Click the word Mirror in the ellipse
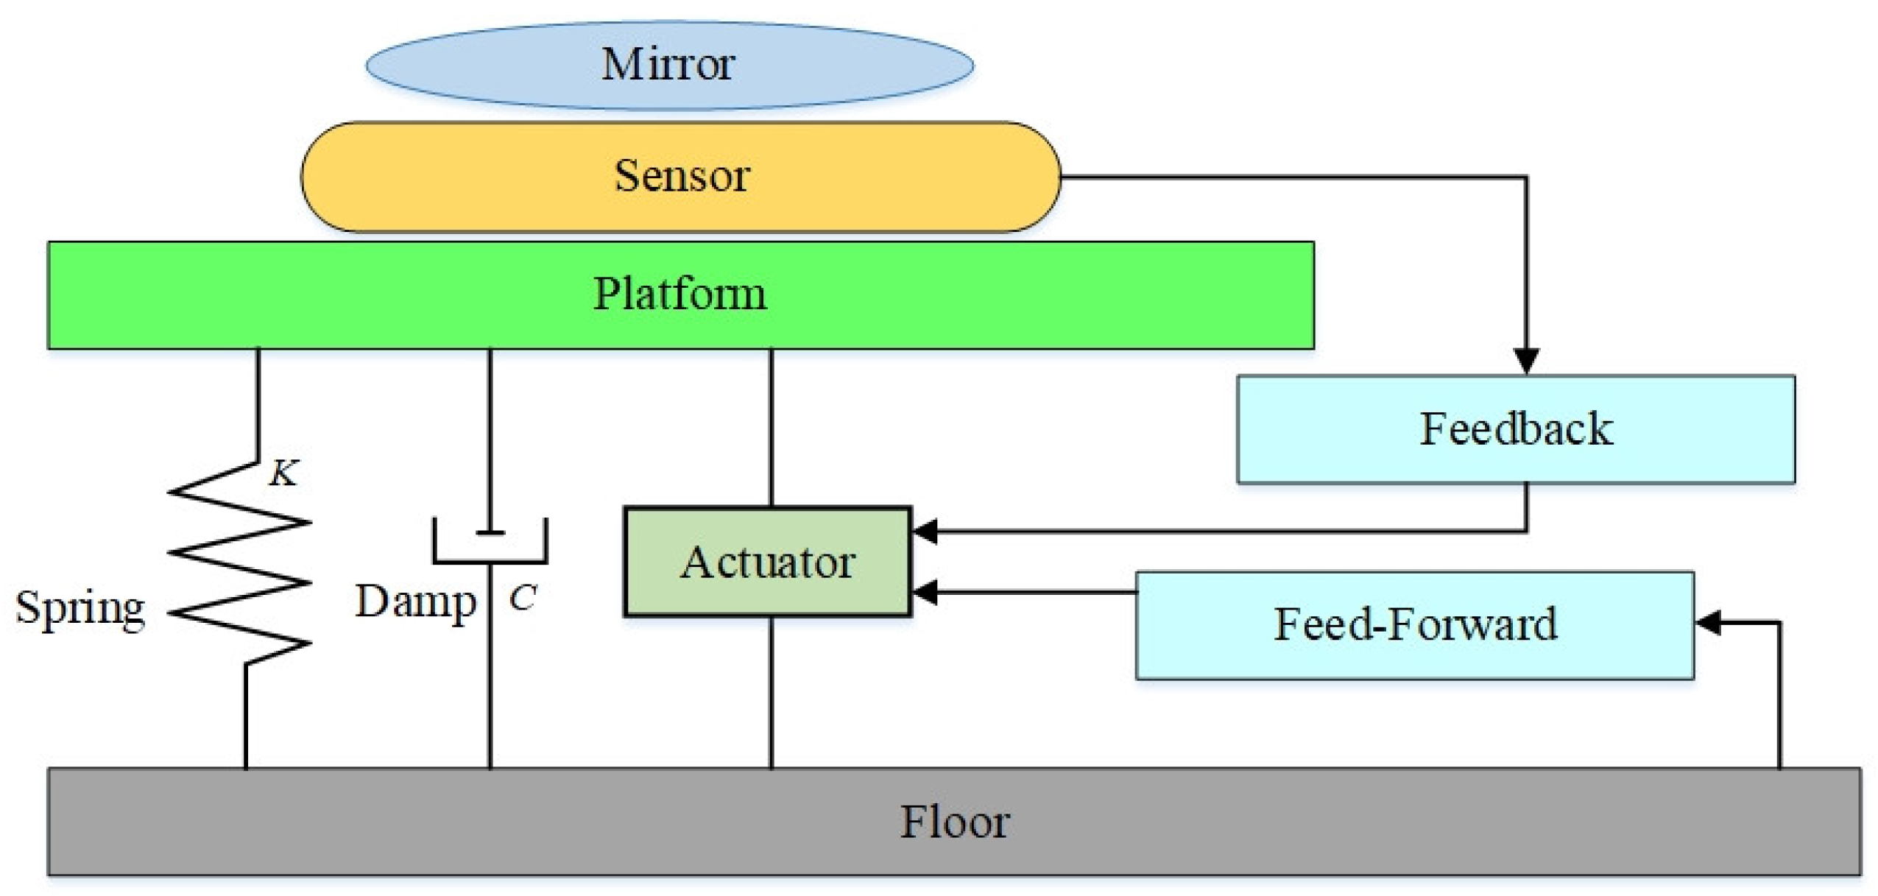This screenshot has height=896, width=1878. (x=668, y=64)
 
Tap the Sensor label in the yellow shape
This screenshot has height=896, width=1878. (x=682, y=176)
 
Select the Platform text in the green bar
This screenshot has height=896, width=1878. (x=679, y=294)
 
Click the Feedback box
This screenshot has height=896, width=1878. (x=1515, y=429)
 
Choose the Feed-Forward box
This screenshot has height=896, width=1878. (x=1414, y=624)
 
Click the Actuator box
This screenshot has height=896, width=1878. (x=767, y=562)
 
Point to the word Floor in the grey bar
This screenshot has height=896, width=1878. (x=954, y=822)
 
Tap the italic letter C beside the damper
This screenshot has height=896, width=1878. (x=522, y=598)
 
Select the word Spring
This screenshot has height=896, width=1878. (x=80, y=609)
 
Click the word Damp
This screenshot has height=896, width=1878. (x=416, y=602)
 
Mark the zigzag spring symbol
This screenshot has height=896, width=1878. (x=239, y=563)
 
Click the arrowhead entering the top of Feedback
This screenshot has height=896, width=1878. (x=1526, y=361)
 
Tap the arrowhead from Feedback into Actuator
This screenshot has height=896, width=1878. (x=924, y=530)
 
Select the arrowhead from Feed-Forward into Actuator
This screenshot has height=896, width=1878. (x=924, y=591)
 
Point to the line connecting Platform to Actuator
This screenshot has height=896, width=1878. (x=771, y=427)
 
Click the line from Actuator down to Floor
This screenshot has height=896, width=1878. (x=771, y=692)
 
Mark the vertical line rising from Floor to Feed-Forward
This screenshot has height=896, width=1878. (x=1779, y=699)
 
